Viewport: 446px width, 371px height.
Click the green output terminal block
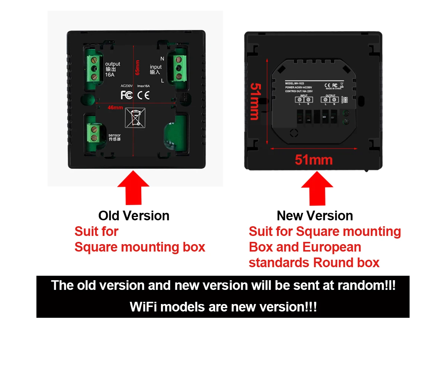[x=94, y=67]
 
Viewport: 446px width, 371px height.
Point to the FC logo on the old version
[x=127, y=95]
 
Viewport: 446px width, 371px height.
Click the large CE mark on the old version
[x=143, y=95]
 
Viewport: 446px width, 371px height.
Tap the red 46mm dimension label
[x=115, y=108]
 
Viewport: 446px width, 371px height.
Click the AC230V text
[x=127, y=86]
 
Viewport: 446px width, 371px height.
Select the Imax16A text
[x=143, y=86]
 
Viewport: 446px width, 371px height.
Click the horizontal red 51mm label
[x=314, y=160]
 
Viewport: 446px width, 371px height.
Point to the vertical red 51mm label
[x=255, y=101]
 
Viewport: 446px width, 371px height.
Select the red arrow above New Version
[x=317, y=188]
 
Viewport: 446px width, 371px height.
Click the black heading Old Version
[x=134, y=215]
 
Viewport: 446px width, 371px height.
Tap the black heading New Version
[x=315, y=215]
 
